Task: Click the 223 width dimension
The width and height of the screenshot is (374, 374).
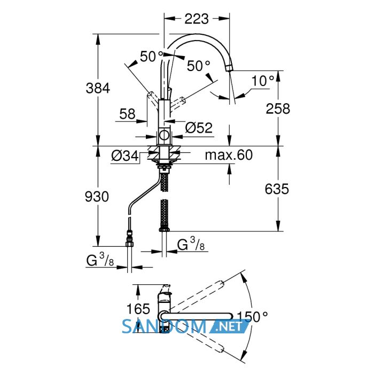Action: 197,19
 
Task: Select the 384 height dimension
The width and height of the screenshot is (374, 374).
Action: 98,88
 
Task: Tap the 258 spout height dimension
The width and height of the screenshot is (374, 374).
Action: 278,108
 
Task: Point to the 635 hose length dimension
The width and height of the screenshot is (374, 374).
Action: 277,189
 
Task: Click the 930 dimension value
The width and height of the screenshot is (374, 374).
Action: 97,197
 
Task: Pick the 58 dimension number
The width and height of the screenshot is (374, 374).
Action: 127,114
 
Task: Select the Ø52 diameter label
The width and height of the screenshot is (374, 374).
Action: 199,128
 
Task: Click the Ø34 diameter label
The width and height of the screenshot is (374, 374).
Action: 124,156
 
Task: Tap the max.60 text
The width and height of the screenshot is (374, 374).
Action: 229,155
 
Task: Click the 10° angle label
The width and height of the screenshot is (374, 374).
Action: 263,81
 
